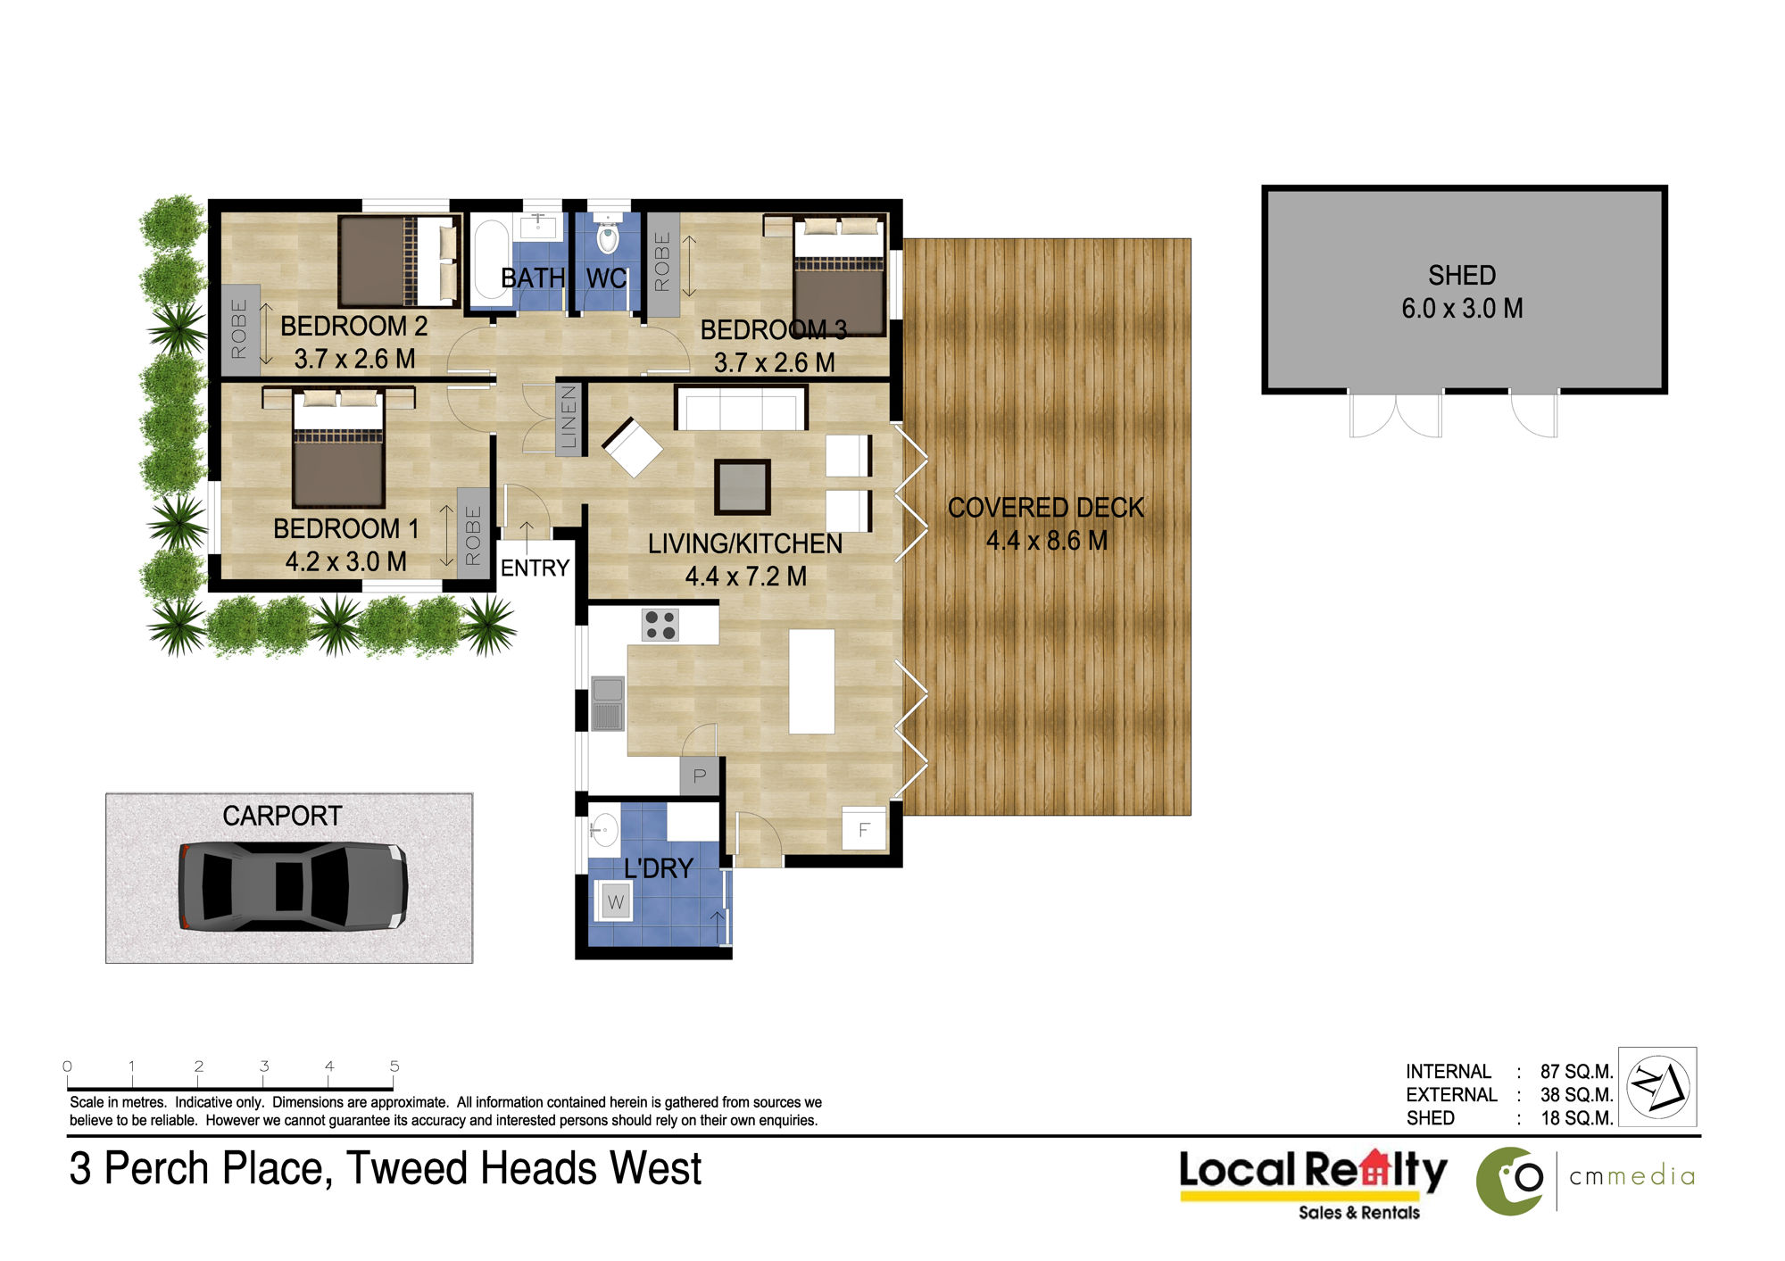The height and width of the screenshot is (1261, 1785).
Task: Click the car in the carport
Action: (293, 886)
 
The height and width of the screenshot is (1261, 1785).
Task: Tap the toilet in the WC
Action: (608, 234)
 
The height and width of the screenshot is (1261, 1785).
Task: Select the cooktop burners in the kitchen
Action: (660, 625)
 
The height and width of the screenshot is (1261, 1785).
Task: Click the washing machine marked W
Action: (616, 901)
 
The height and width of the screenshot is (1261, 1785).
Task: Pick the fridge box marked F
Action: (864, 829)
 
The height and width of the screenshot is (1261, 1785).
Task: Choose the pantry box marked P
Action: (700, 776)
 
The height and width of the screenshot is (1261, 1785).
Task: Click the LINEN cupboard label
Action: (569, 418)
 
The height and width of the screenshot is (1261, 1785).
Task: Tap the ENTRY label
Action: (535, 568)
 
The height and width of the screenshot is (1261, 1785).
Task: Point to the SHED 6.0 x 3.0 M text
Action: (1462, 291)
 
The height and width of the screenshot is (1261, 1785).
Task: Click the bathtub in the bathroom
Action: (491, 259)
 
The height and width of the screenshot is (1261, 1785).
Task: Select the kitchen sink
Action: (608, 703)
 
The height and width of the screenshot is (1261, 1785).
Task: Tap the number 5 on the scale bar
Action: (394, 1066)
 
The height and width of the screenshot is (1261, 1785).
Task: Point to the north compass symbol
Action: (1657, 1086)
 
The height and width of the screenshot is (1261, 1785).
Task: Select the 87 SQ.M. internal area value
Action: (1576, 1071)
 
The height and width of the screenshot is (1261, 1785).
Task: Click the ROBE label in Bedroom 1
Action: (473, 535)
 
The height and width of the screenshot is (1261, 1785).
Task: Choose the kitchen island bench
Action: (811, 681)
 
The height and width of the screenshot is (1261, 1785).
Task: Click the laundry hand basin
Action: (604, 829)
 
